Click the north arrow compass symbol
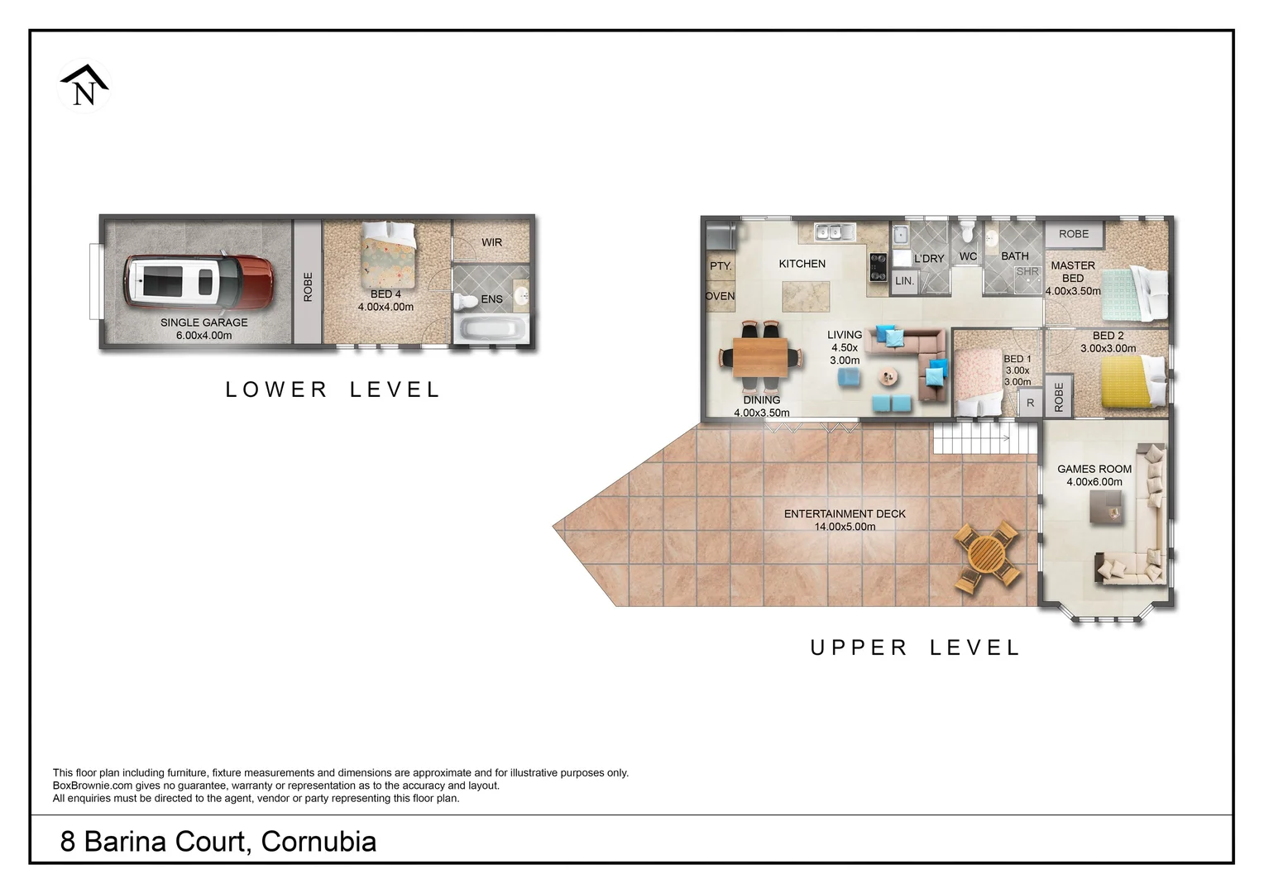point(84,86)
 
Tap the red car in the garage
point(199,279)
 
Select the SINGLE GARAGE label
point(203,322)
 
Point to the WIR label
point(491,242)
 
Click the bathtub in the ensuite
point(492,328)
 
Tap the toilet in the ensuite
point(467,300)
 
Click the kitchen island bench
point(805,295)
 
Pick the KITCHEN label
point(802,264)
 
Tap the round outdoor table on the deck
point(987,556)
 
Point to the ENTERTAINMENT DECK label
point(845,513)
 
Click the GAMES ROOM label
point(1094,469)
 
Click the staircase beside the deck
point(984,437)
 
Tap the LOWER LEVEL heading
point(333,389)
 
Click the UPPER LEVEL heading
point(915,647)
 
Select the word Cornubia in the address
point(318,842)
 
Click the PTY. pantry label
point(720,265)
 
